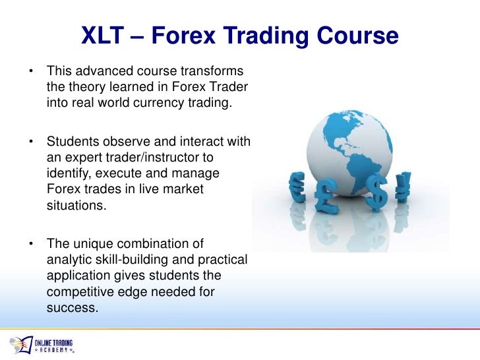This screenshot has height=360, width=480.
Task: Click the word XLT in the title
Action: [x=102, y=36]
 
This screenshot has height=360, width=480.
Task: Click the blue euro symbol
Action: [x=297, y=187]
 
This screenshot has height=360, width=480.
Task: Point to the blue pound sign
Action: [x=326, y=196]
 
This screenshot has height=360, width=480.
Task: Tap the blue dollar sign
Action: [x=377, y=192]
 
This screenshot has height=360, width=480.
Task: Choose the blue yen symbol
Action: [x=403, y=187]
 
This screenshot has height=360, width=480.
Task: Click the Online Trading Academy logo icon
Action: [x=21, y=345]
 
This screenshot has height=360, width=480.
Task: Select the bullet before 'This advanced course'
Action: [x=30, y=71]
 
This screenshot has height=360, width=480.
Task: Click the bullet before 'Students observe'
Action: [x=30, y=142]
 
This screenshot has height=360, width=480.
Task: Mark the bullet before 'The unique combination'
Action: [x=30, y=244]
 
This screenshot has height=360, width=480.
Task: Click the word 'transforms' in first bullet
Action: [x=212, y=71]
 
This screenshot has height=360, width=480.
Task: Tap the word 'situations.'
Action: [x=76, y=205]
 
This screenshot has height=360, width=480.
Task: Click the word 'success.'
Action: [x=73, y=308]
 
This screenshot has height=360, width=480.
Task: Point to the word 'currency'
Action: [x=158, y=103]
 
